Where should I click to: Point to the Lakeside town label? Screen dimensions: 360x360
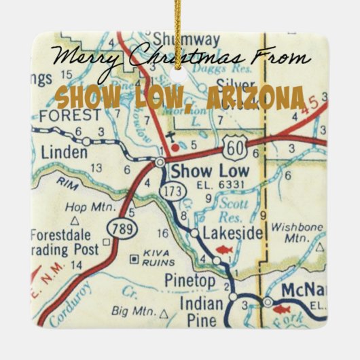point(232,234)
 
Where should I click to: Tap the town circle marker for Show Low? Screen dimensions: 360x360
point(160,162)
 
